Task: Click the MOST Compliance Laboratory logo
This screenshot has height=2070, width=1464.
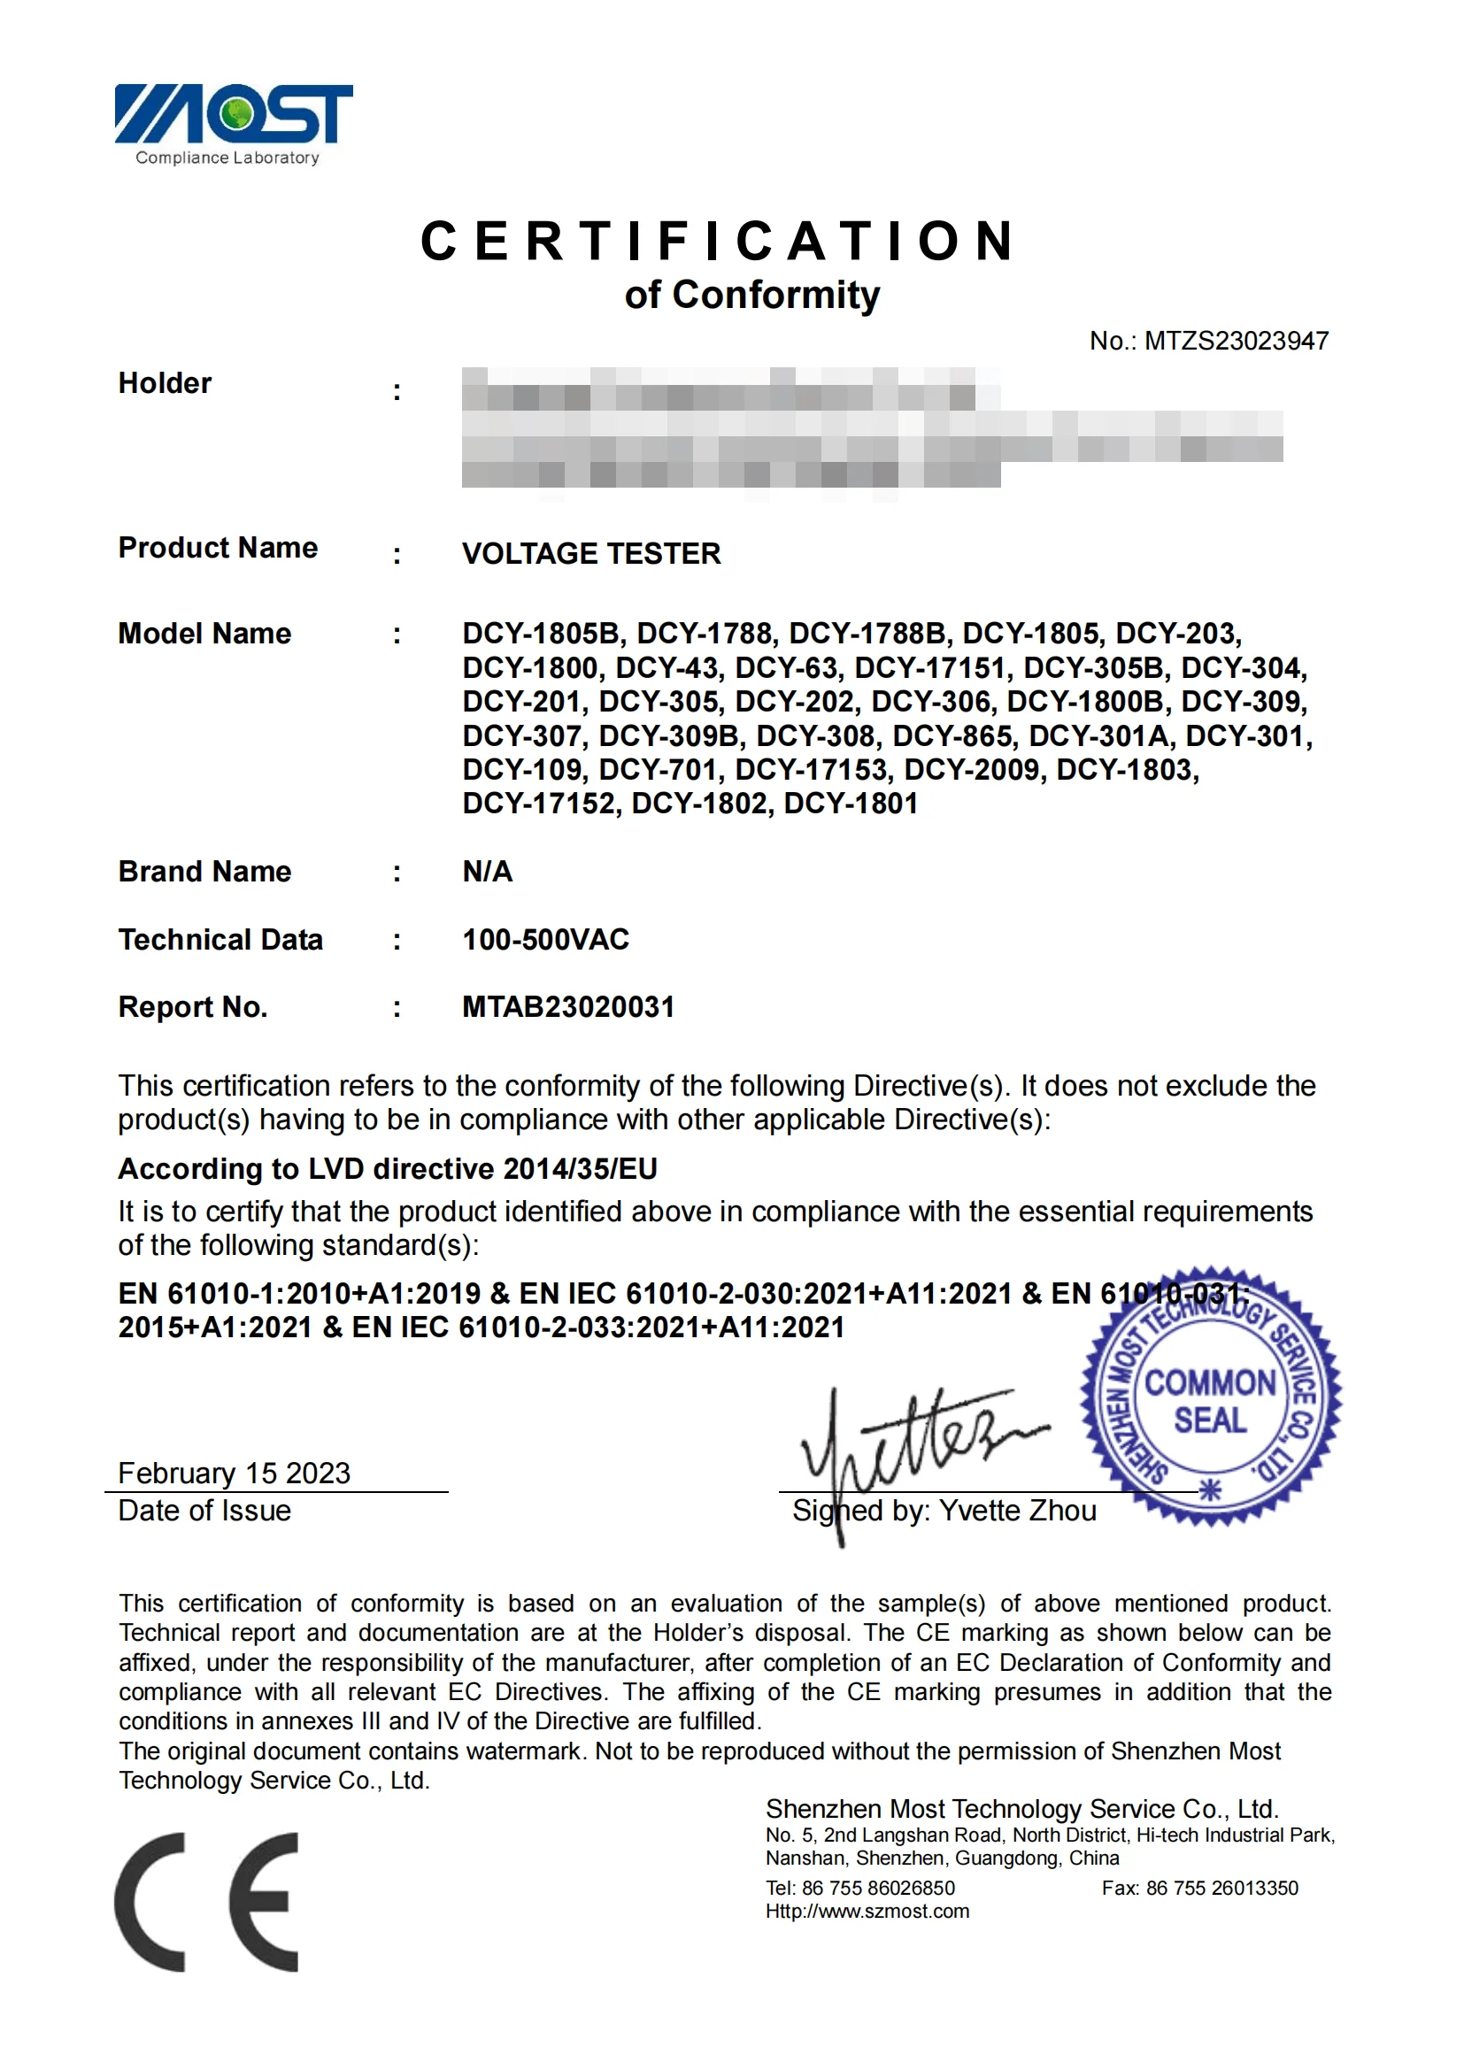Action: (233, 124)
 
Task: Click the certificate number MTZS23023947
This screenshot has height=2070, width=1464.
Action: (1236, 341)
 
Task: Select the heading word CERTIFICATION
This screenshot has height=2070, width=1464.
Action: (720, 242)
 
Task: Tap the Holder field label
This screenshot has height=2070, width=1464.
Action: (165, 383)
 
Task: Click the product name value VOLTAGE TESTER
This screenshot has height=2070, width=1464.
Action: (591, 553)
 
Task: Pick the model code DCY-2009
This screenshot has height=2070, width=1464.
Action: (971, 770)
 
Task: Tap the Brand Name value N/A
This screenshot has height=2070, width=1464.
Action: (487, 872)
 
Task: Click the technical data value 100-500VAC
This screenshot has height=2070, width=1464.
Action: (545, 940)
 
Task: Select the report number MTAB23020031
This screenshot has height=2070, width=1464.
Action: (568, 1007)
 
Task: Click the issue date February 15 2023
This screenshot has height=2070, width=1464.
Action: (235, 1474)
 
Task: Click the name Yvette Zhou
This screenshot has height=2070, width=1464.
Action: (1018, 1511)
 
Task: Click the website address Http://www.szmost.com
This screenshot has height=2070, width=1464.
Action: (867, 1912)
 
